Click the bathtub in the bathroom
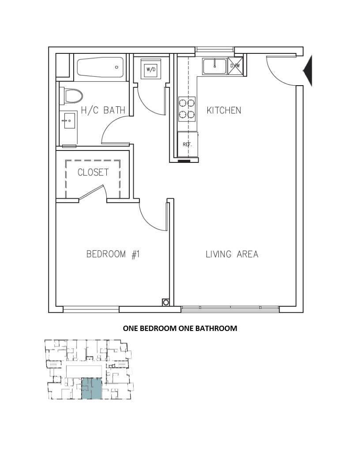click(x=100, y=67)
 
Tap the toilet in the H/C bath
click(x=71, y=96)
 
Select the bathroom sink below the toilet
click(x=69, y=120)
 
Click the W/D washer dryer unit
click(x=151, y=69)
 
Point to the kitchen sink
click(x=214, y=66)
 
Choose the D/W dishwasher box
click(x=235, y=66)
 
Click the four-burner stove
click(x=187, y=109)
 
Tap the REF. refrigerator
click(x=187, y=144)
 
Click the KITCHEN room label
click(x=224, y=110)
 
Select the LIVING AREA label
click(x=232, y=254)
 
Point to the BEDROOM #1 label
click(x=113, y=254)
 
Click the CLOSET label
click(x=93, y=172)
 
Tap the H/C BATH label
click(x=103, y=110)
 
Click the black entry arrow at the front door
click(x=308, y=71)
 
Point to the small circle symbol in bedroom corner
click(x=166, y=303)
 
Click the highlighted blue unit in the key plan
click(x=91, y=388)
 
